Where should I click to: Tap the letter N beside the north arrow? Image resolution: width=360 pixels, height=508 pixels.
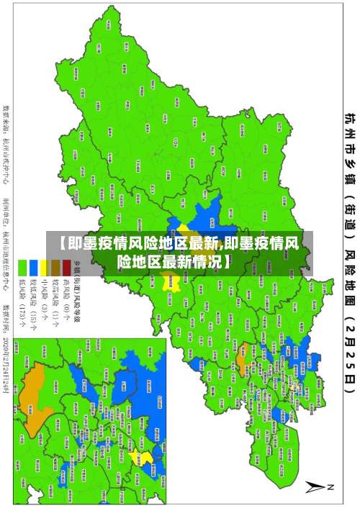pos(330,487)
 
